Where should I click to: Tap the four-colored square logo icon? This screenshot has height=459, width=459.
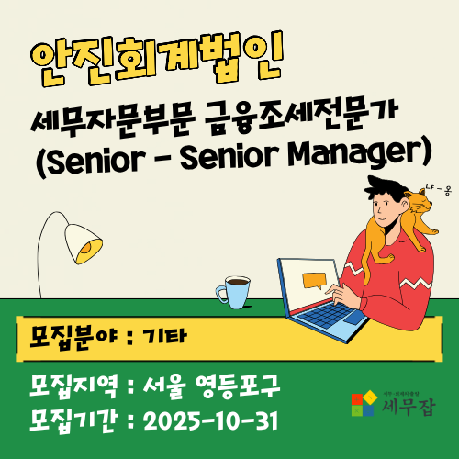coord(364,404)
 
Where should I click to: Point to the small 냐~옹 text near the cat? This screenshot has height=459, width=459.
coord(436,189)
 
